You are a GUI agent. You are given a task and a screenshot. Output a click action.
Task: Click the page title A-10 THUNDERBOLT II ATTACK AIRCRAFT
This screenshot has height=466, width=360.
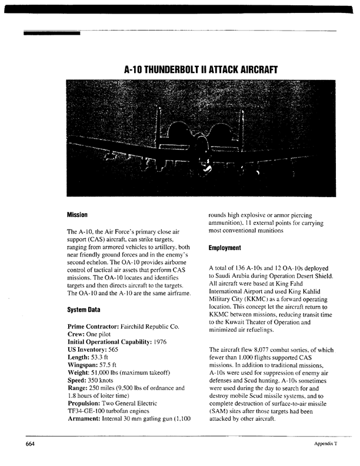coord(201,69)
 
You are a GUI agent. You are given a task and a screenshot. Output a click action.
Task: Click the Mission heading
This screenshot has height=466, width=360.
coord(78,214)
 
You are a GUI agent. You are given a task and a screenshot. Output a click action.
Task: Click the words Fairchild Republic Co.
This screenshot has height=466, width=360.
coord(152,327)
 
